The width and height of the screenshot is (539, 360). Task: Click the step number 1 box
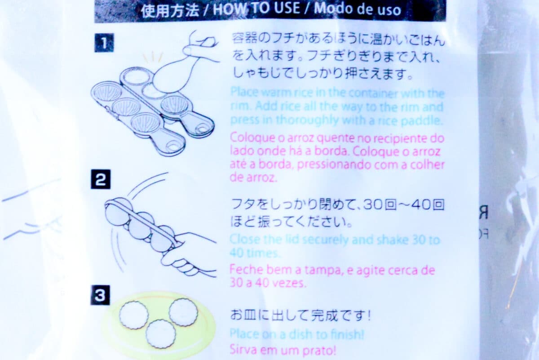(x=104, y=43)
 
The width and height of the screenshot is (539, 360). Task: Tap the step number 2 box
(x=101, y=179)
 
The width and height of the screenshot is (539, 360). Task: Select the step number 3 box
(x=100, y=295)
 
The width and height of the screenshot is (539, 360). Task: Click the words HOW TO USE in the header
(x=256, y=9)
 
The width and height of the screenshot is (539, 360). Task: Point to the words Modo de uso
(x=358, y=9)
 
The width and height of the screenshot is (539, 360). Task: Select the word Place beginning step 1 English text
(x=244, y=92)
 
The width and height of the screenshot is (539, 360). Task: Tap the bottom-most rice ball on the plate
(x=161, y=334)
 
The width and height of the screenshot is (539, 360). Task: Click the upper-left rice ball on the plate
(x=134, y=315)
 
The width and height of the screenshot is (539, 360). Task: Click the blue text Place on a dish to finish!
(x=297, y=334)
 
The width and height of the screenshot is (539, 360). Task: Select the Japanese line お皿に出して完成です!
(x=300, y=315)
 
